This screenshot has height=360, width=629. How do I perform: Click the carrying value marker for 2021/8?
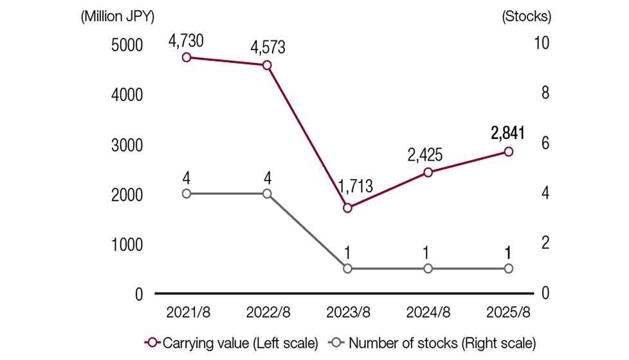point(187,57)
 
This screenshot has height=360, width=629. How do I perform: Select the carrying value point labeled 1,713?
point(347,208)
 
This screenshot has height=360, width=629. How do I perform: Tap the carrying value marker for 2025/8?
point(508,152)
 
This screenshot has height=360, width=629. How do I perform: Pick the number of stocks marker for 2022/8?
point(267,194)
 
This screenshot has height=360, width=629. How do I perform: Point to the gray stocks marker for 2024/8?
point(428,268)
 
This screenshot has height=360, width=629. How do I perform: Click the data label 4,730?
point(186,41)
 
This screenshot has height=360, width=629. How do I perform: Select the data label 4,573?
point(267,48)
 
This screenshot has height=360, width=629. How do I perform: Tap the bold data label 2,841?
point(507,133)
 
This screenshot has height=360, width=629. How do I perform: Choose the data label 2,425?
point(427,155)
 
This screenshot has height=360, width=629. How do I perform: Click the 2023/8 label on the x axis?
point(348,312)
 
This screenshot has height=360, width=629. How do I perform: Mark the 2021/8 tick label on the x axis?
point(188,312)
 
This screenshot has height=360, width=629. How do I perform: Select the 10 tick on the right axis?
point(542,43)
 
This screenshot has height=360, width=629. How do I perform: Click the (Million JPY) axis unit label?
point(118,17)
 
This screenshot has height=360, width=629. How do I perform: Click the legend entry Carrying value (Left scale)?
point(232,343)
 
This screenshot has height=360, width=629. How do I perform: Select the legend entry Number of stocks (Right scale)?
point(432,343)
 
